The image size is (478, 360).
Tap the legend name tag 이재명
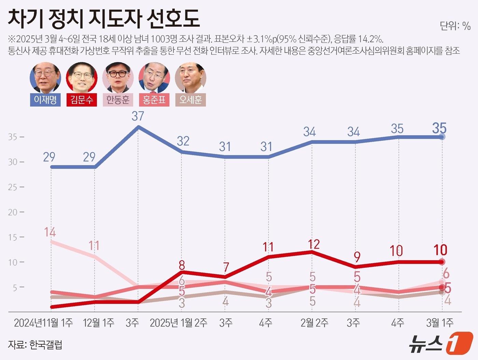[45, 100]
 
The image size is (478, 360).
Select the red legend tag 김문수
[82, 100]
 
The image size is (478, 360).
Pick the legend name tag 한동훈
[118, 100]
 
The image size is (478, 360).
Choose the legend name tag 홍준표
[154, 100]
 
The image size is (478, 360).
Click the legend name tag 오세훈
[191, 100]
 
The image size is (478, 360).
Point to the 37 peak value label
[138, 116]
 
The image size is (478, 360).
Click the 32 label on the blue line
[183, 141]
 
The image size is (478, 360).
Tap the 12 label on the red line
[313, 244]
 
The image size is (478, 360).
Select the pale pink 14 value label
[50, 232]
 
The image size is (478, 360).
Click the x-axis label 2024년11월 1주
[43, 323]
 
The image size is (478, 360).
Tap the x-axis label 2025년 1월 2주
[178, 323]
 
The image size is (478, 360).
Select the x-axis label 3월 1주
[440, 323]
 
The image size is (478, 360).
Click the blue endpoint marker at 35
[442, 137]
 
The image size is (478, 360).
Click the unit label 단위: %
[455, 26]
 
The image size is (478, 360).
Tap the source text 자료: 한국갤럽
[35, 345]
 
